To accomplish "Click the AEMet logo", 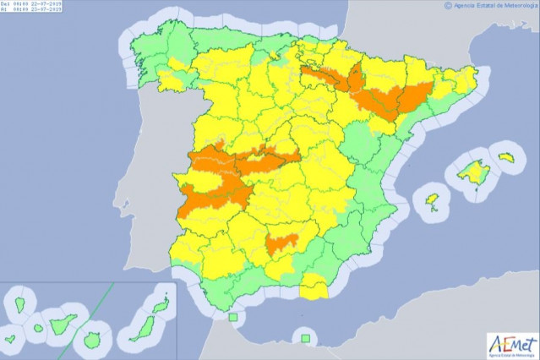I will [x=511, y=344].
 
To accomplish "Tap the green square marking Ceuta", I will [x=232, y=317].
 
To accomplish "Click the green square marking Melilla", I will [x=304, y=339].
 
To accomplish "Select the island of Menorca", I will [x=506, y=157].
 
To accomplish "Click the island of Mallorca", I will [x=472, y=172].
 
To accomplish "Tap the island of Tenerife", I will [x=63, y=323].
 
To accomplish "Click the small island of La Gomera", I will [x=38, y=328].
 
